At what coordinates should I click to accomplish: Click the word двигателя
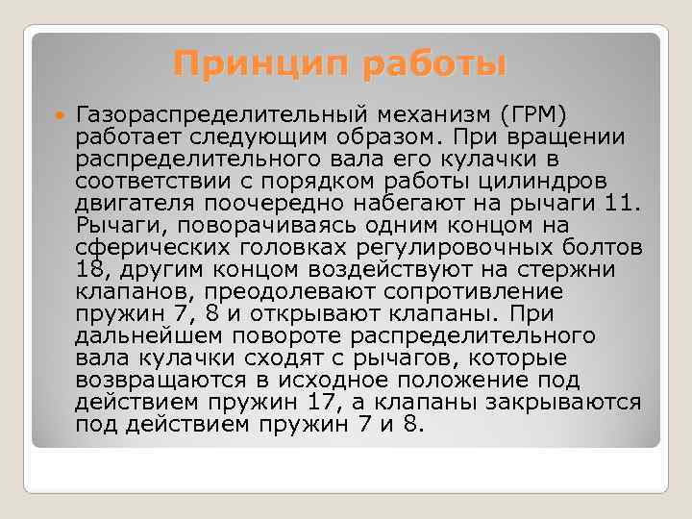pos(135,202)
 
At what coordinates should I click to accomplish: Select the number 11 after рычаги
pos(622,202)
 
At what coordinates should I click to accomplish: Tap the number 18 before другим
pos(92,268)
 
